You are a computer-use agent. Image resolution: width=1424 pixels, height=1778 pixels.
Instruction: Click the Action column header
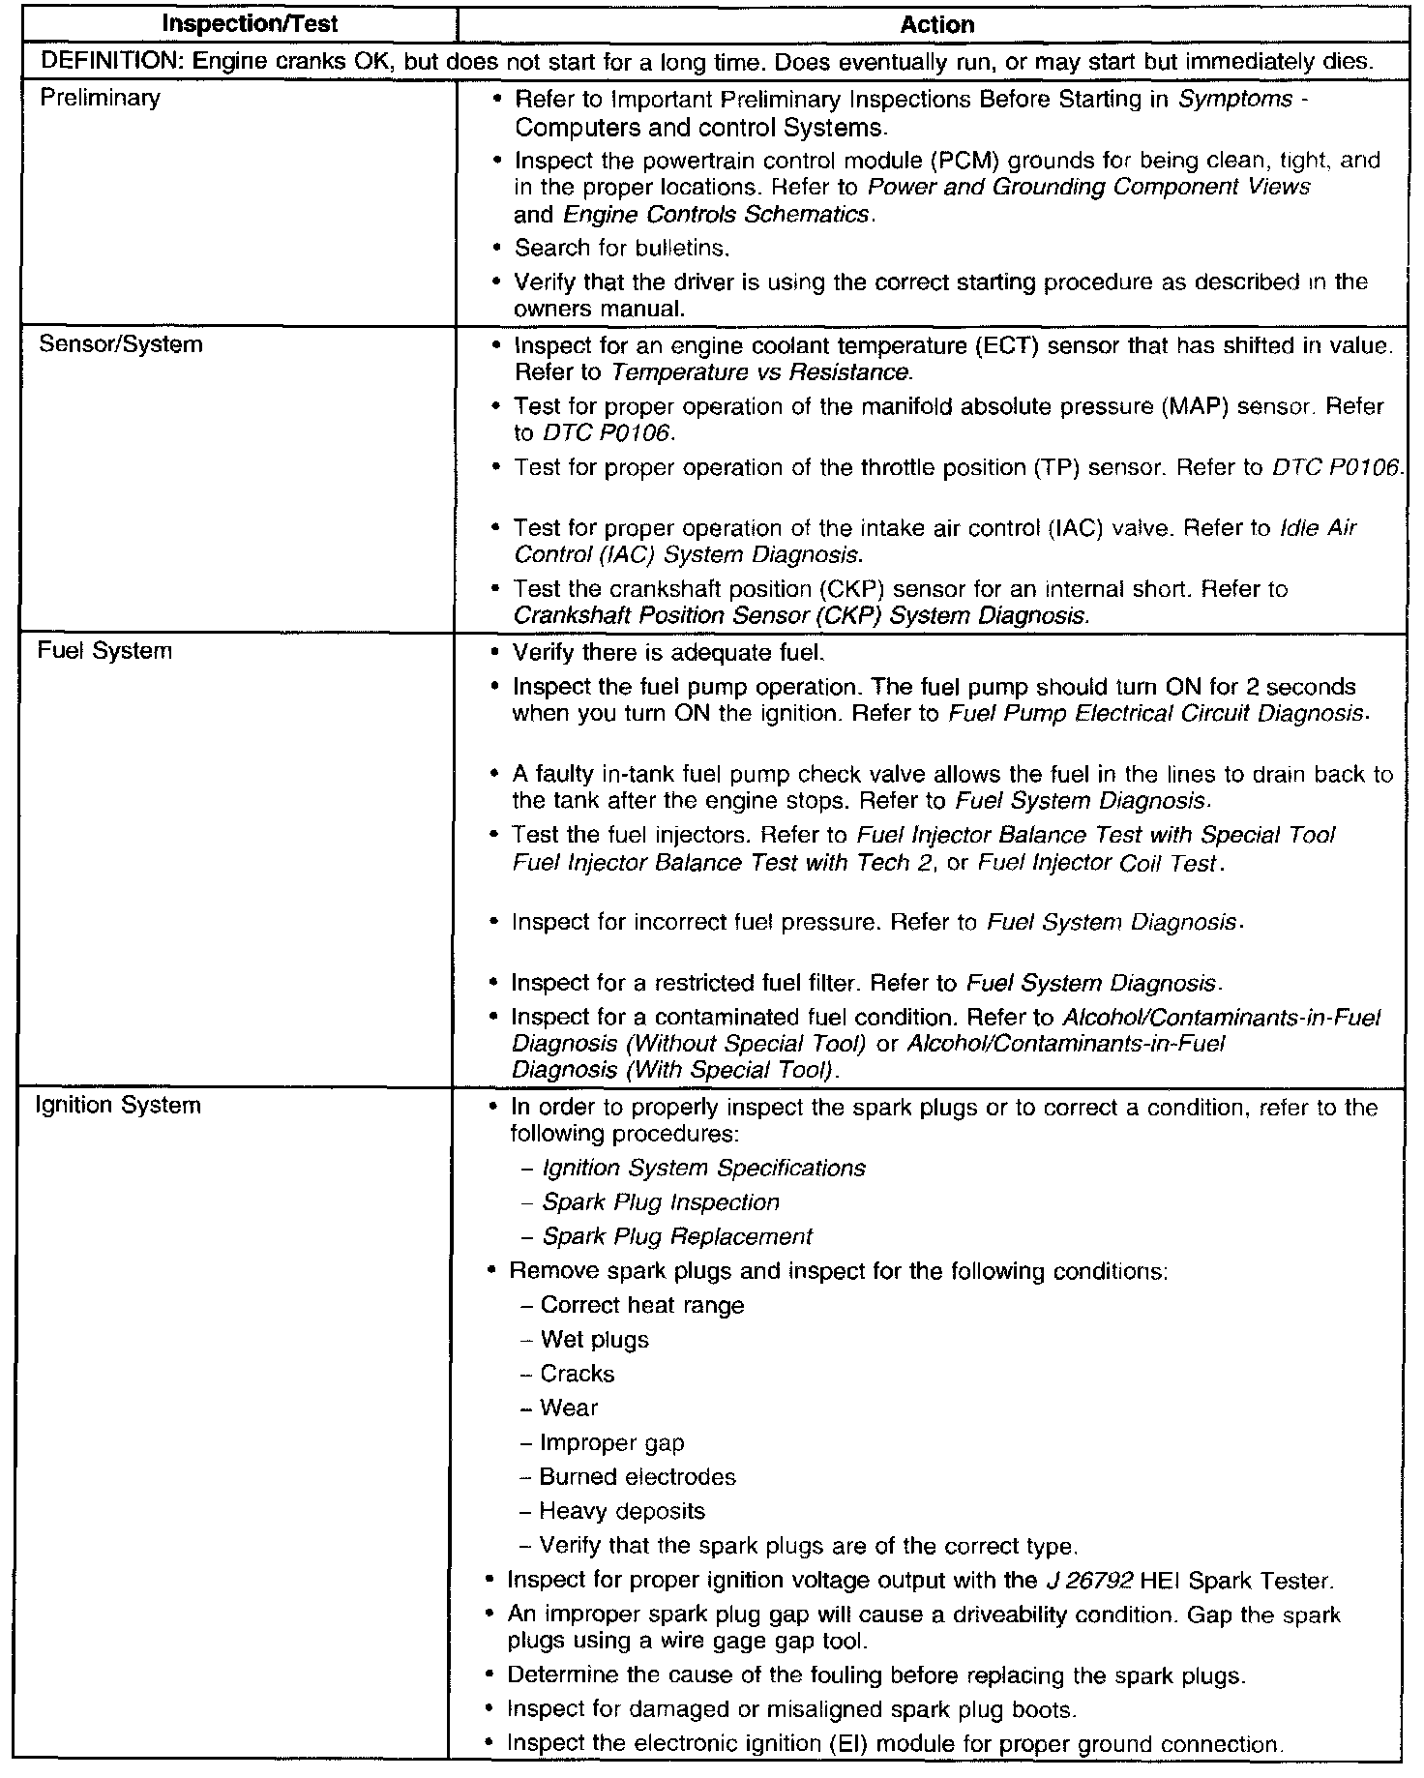(936, 25)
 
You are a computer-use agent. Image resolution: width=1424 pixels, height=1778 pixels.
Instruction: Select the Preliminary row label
(100, 98)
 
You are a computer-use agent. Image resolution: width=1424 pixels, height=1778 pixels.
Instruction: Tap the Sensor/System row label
(120, 344)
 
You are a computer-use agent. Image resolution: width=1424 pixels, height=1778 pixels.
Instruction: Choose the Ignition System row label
(118, 1105)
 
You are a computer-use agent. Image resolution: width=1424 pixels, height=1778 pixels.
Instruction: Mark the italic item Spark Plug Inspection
(661, 1202)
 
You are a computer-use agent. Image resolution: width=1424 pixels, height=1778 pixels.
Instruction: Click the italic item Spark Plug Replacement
(676, 1236)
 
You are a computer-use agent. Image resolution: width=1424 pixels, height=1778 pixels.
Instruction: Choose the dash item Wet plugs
(594, 1340)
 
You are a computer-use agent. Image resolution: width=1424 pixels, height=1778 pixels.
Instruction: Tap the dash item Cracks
(578, 1374)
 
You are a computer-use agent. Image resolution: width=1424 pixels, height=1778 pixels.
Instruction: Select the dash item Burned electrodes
(638, 1477)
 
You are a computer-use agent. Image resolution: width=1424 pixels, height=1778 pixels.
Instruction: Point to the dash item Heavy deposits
(622, 1511)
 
